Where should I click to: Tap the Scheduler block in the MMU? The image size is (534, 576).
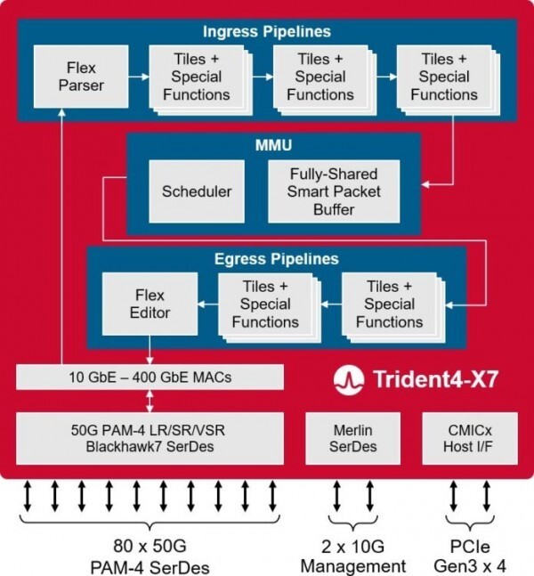(197, 191)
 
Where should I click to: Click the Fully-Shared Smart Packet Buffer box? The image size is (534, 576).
(334, 191)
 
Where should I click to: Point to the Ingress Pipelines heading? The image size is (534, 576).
(266, 31)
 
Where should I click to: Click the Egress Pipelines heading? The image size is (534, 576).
(277, 259)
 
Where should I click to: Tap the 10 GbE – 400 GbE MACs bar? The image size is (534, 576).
(150, 377)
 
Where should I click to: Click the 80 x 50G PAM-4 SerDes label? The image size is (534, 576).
(150, 556)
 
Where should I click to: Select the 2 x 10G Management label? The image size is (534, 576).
(352, 556)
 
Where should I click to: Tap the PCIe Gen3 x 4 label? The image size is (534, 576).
(468, 556)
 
